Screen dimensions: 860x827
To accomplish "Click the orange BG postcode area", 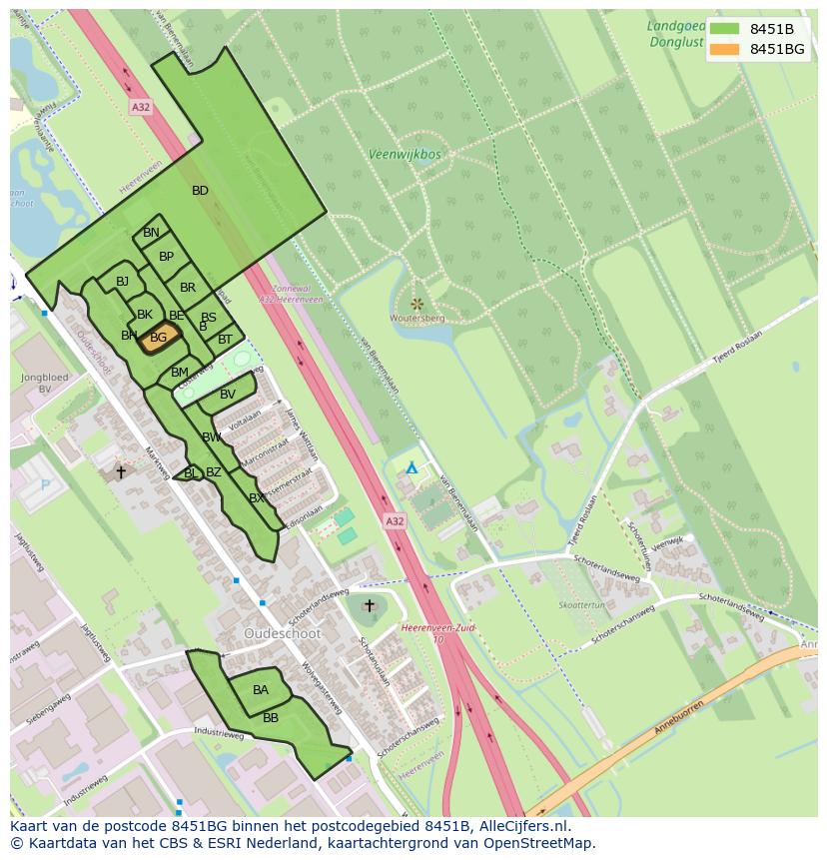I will (x=160, y=338).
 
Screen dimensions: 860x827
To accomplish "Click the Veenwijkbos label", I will (x=405, y=155).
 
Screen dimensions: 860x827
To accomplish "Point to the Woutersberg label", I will (x=418, y=318).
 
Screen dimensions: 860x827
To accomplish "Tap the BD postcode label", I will (x=200, y=191).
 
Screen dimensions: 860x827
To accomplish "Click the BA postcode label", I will (x=260, y=690).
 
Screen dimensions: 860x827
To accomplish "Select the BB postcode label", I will (x=271, y=718).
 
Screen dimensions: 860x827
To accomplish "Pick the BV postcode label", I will (x=228, y=395).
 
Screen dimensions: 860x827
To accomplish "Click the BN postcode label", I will (x=151, y=233).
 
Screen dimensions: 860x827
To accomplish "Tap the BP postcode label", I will (x=167, y=257).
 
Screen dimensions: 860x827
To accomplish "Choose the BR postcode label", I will (x=188, y=288).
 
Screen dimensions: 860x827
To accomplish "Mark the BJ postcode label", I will (x=122, y=282).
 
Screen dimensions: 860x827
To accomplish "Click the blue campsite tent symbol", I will (x=411, y=467).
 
